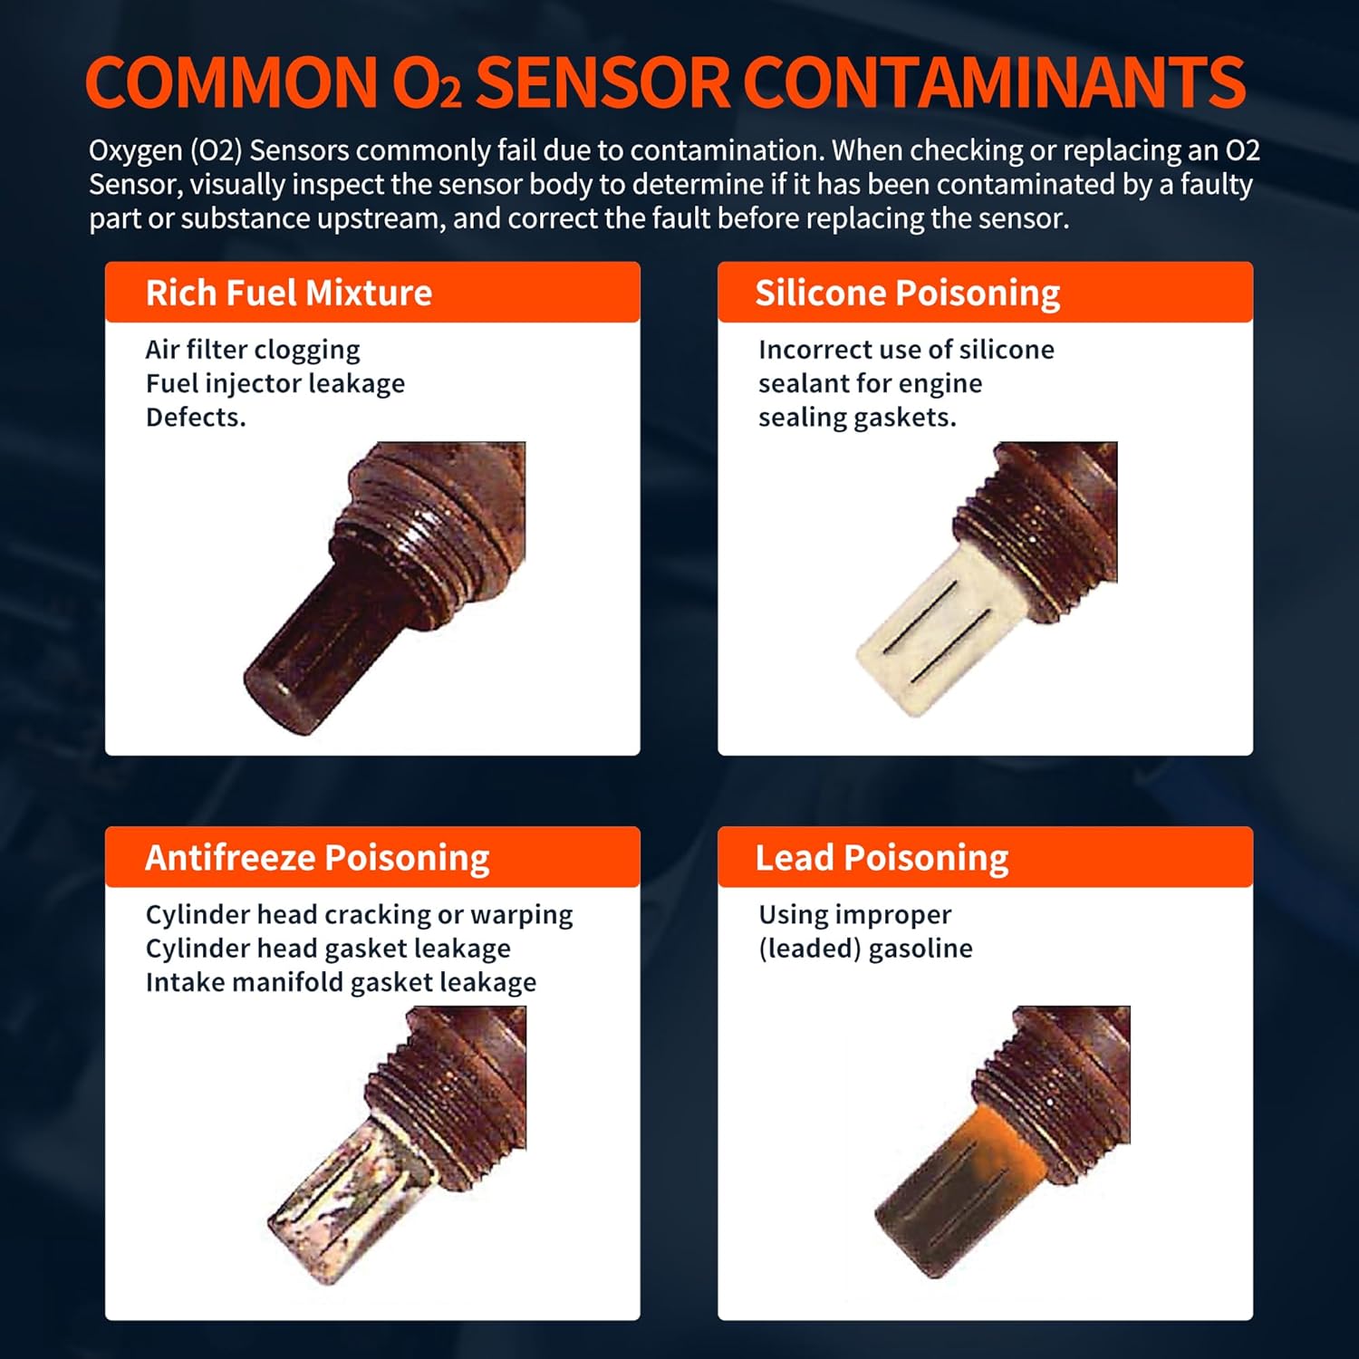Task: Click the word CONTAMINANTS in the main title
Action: (x=994, y=82)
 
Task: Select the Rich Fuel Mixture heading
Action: (x=289, y=293)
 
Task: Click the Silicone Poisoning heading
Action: (x=908, y=294)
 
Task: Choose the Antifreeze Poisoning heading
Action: (x=317, y=858)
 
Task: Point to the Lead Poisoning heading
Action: (x=882, y=858)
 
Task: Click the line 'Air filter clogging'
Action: (x=253, y=350)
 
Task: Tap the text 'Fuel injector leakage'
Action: (x=275, y=383)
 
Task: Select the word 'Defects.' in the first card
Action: (x=196, y=417)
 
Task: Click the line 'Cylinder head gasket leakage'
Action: (x=328, y=949)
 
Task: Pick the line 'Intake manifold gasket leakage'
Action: (x=341, y=982)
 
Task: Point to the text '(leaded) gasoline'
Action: (x=865, y=949)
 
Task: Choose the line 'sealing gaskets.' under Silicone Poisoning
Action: (x=857, y=418)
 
